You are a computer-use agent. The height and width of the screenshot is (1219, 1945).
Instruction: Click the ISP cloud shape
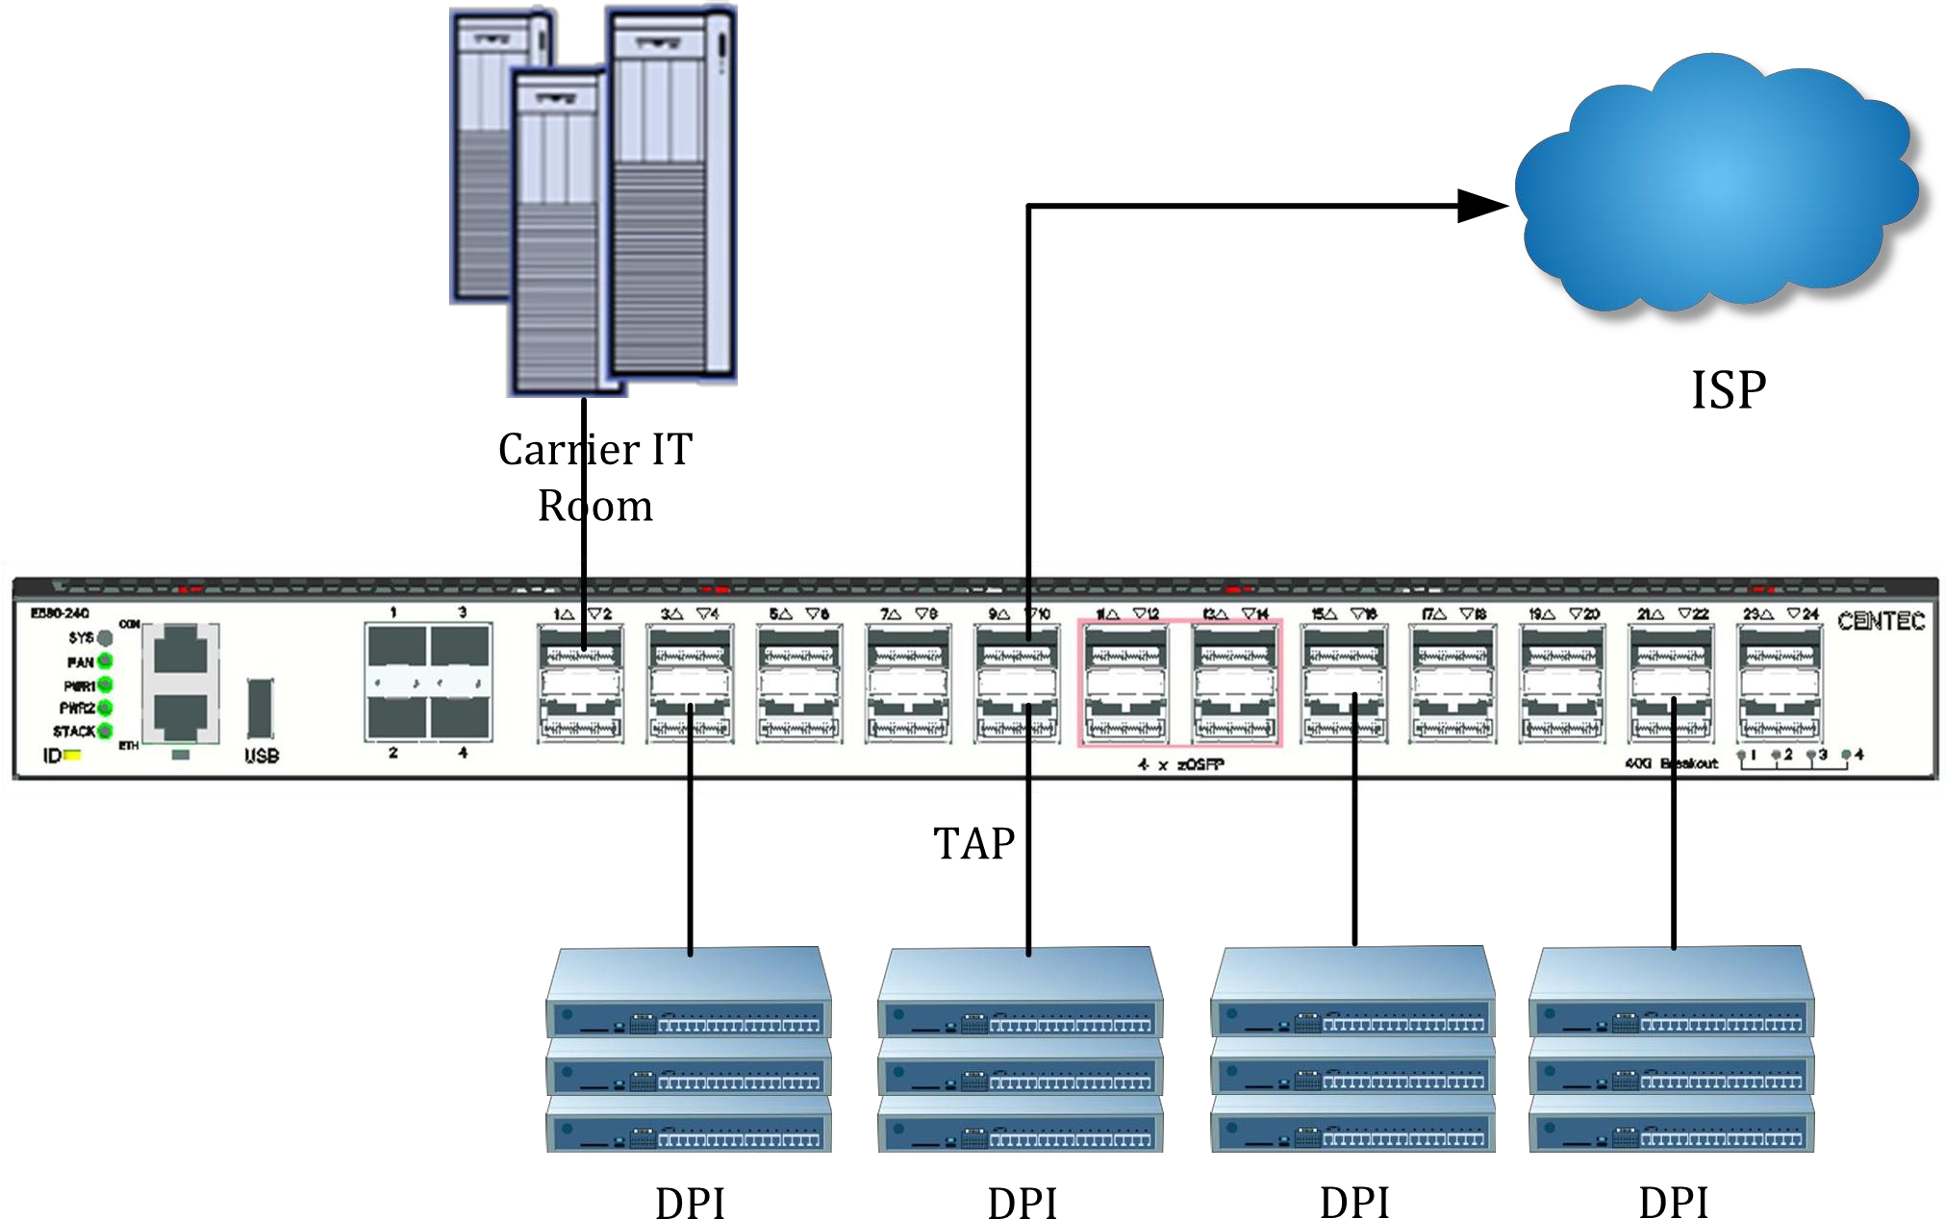tap(1717, 187)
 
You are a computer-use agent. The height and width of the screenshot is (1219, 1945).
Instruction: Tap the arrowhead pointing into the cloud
tap(1481, 205)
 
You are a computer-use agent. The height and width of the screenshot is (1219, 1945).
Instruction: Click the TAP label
tap(973, 844)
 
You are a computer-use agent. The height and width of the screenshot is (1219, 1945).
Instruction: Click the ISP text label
tap(1728, 390)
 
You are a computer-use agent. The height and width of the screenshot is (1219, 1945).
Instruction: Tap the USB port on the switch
tap(260, 709)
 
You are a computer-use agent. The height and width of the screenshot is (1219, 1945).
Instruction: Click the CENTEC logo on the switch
tap(1880, 621)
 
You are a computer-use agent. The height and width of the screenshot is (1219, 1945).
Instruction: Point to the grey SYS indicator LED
tap(105, 637)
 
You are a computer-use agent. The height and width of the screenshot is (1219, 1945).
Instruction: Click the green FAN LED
tap(105, 661)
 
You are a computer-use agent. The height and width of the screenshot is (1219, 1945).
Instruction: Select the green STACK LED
tap(105, 731)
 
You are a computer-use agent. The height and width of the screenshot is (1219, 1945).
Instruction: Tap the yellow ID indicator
tap(72, 756)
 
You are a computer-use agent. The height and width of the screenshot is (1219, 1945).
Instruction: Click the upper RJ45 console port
tap(181, 649)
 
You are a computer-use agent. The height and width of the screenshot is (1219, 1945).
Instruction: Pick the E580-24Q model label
tap(60, 612)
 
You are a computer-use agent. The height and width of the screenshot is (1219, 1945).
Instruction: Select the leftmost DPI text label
tap(690, 1203)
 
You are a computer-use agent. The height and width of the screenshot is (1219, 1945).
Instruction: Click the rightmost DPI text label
tap(1673, 1203)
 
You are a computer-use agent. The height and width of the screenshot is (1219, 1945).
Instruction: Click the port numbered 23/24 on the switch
tap(1779, 683)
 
